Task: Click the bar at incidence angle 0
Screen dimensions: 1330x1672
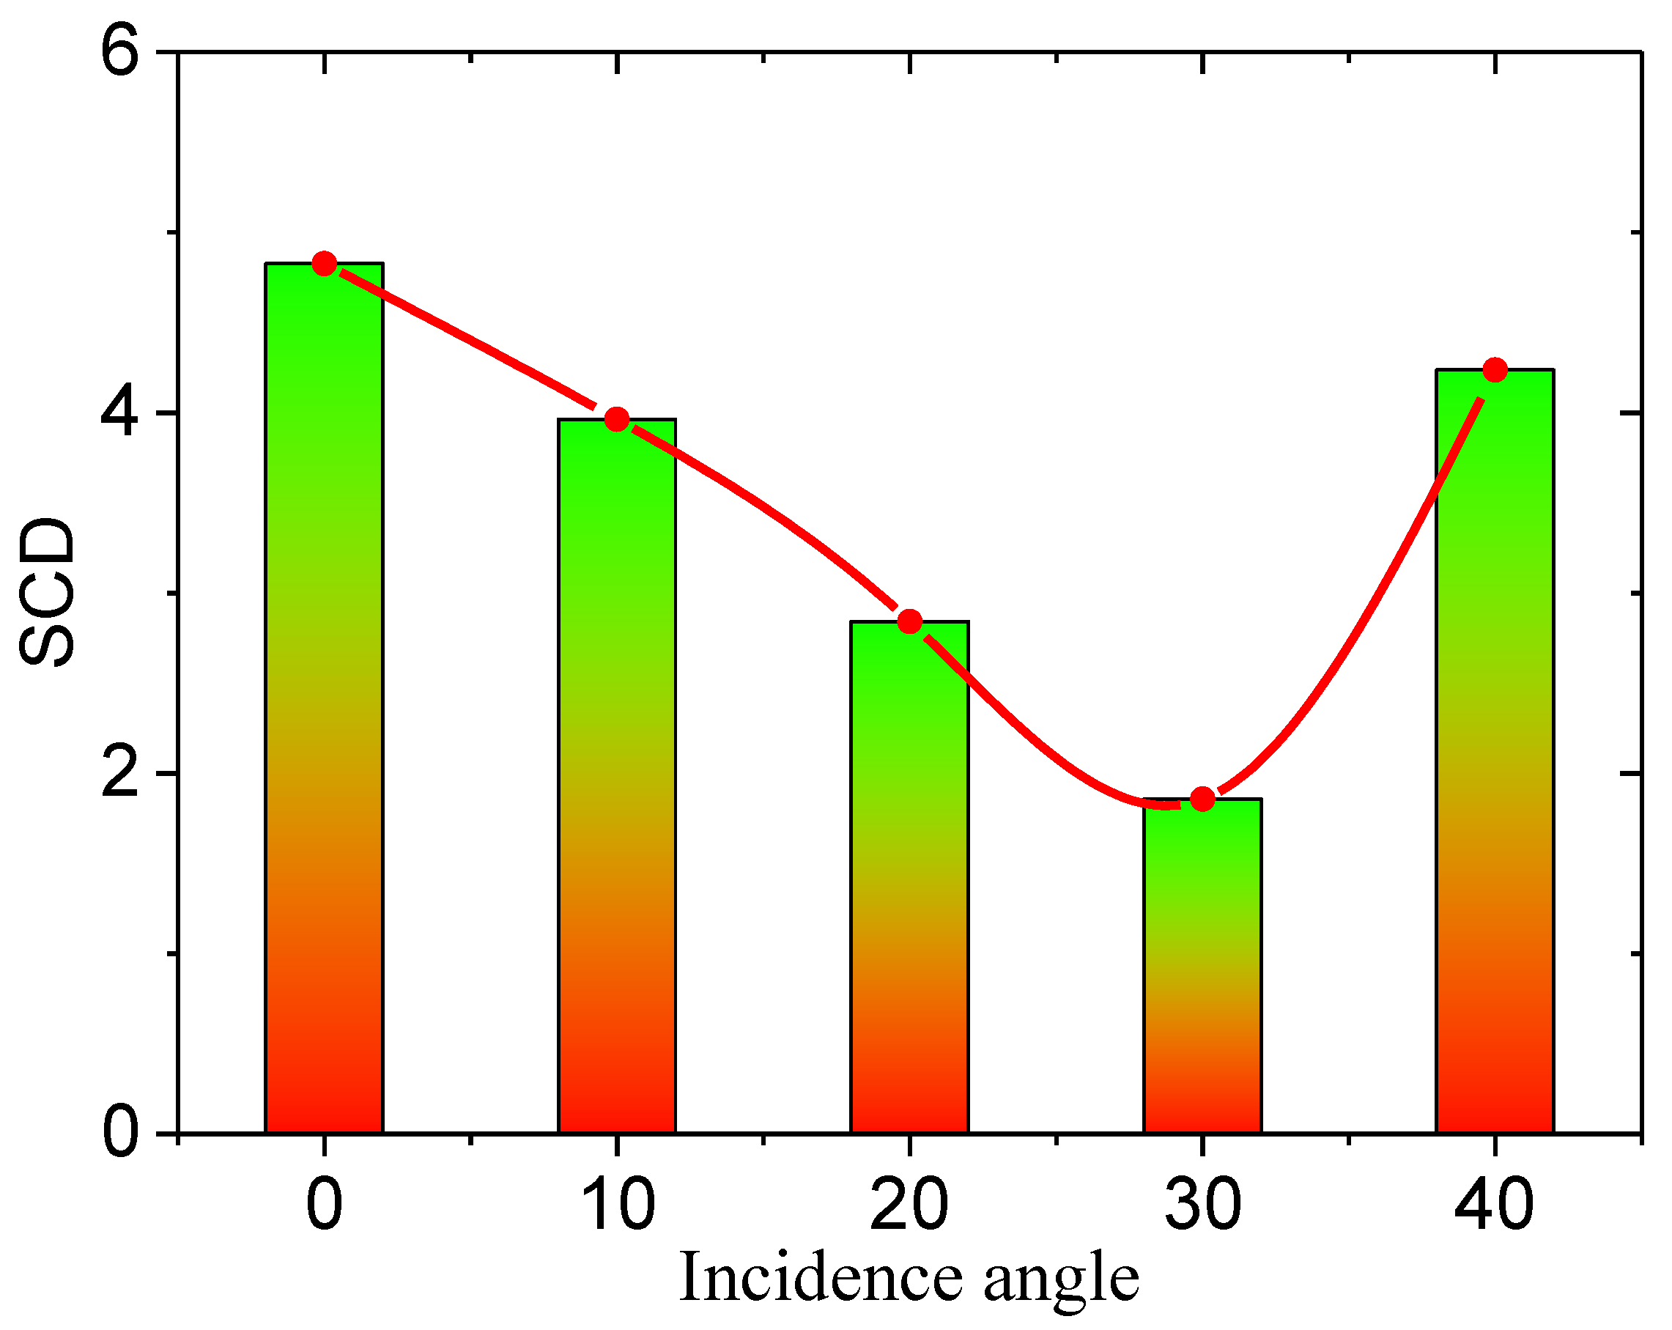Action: click(x=324, y=698)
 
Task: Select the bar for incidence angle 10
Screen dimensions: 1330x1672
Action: click(x=616, y=775)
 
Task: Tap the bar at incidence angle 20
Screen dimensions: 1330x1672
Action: click(x=909, y=876)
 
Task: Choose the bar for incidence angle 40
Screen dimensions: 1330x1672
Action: click(x=1495, y=753)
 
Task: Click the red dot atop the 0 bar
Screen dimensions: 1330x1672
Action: click(x=324, y=264)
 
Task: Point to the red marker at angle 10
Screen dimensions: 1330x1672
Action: click(x=616, y=420)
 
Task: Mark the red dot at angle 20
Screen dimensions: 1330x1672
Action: click(x=909, y=621)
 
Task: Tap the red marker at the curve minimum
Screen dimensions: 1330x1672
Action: click(x=1202, y=799)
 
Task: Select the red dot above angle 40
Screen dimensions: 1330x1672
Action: click(x=1495, y=370)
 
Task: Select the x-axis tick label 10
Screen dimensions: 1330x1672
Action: click(x=616, y=1205)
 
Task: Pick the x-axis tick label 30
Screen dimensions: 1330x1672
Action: click(x=1202, y=1205)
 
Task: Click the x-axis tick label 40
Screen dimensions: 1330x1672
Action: click(x=1495, y=1205)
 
